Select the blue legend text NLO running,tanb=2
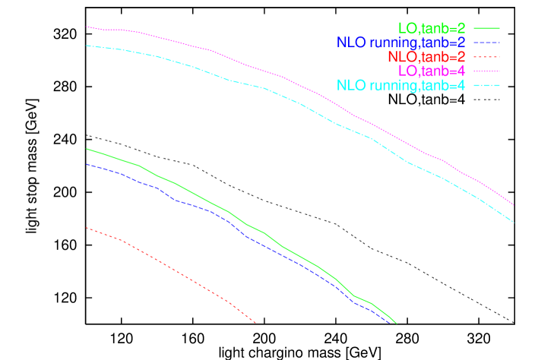click(400, 43)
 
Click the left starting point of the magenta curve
click(87, 27)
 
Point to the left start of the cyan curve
click(87, 46)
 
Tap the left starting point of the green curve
click(87, 149)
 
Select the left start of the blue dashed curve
click(87, 164)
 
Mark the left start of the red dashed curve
click(87, 227)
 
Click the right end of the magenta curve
click(514, 205)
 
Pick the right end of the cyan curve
click(514, 222)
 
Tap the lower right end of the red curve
click(256, 323)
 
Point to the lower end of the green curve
click(397, 324)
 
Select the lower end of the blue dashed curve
click(394, 324)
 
